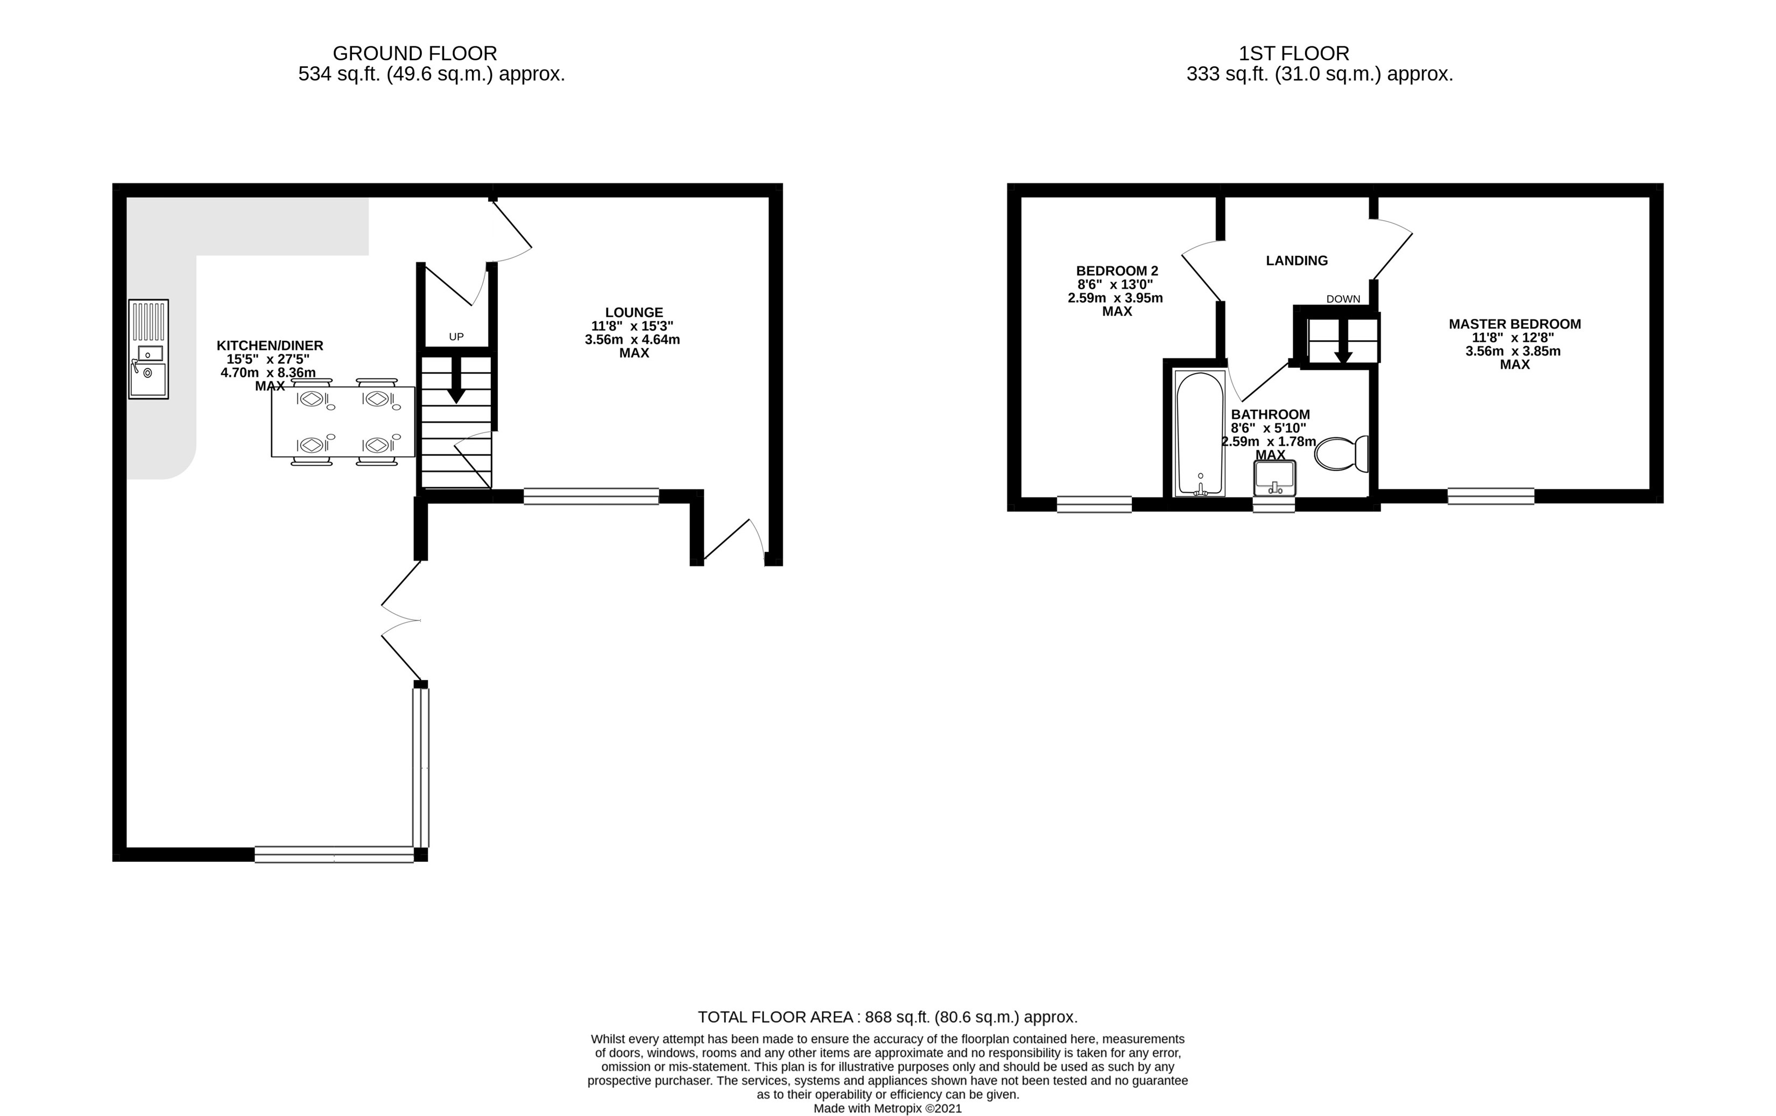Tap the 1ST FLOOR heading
1294,53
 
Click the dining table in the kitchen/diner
343,421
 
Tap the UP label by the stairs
456,336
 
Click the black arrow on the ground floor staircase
456,380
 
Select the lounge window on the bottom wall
591,496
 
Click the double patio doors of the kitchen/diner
402,620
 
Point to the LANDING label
1296,261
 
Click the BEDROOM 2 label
1117,271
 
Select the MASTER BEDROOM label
1514,324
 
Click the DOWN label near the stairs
1342,299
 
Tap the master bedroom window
1491,496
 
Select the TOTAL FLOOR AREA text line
887,1017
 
